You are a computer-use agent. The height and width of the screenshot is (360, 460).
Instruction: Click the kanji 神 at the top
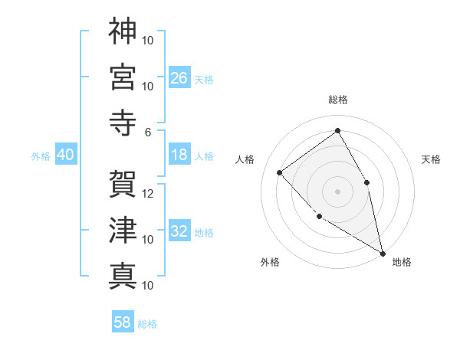[123, 32]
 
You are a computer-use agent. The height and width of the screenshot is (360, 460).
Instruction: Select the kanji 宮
[123, 77]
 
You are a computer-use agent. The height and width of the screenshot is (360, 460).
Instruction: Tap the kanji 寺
[123, 123]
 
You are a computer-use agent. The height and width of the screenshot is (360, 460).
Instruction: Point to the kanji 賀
[123, 184]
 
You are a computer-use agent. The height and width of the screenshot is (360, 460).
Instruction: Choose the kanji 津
[123, 230]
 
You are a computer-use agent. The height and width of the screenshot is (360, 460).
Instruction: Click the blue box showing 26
[179, 77]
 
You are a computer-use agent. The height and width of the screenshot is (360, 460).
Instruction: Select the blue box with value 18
[179, 155]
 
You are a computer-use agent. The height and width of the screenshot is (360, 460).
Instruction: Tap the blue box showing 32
[179, 231]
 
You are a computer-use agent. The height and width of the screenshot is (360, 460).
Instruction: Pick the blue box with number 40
[65, 155]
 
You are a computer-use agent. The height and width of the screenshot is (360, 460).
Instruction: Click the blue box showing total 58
[123, 322]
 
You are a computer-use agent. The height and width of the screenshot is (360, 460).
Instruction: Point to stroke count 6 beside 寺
[149, 132]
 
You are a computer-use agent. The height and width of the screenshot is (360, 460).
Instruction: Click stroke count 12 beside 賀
[149, 194]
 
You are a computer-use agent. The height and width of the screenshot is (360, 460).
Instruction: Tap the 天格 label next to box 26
[204, 79]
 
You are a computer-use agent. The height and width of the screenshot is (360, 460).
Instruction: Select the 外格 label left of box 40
[41, 156]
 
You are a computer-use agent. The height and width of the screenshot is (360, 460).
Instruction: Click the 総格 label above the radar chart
[338, 100]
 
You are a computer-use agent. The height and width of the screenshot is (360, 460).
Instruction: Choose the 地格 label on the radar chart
[402, 262]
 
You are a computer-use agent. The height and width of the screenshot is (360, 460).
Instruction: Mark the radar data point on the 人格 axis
[280, 172]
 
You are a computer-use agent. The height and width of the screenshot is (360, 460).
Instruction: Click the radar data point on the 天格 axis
[367, 182]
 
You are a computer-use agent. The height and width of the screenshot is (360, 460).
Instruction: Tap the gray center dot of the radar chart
[338, 191]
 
